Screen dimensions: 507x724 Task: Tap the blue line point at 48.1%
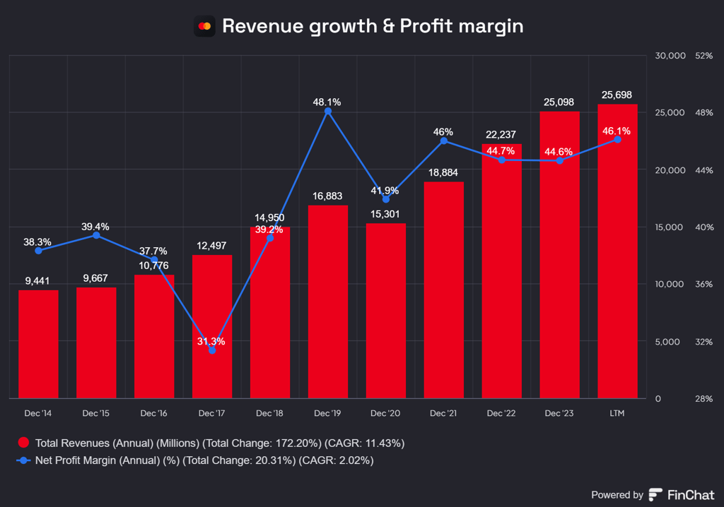point(328,111)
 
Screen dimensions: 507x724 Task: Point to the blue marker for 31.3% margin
point(212,350)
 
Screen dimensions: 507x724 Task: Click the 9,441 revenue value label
point(38,281)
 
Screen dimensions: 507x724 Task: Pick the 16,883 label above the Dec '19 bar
point(328,196)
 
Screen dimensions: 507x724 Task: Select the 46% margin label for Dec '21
point(443,132)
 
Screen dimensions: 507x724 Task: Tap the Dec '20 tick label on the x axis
point(385,412)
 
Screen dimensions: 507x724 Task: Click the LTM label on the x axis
point(617,412)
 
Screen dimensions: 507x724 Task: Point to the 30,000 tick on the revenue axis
point(671,56)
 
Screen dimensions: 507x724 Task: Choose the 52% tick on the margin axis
point(704,56)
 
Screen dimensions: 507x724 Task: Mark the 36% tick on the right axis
point(704,285)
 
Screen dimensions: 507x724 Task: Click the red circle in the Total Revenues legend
point(23,443)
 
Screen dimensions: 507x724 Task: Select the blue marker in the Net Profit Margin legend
point(23,460)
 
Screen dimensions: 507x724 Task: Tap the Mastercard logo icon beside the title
point(204,27)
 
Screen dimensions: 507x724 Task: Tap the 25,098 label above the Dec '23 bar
point(559,102)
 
